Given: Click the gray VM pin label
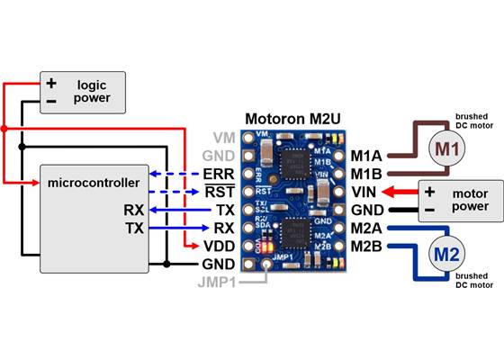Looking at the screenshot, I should point(221,137).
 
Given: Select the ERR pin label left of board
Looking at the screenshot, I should point(220,174).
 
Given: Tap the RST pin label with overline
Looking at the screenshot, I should point(220,192).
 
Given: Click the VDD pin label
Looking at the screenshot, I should point(219,246).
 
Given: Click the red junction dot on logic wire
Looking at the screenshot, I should point(4,129).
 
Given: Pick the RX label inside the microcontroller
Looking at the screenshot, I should point(133,210).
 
